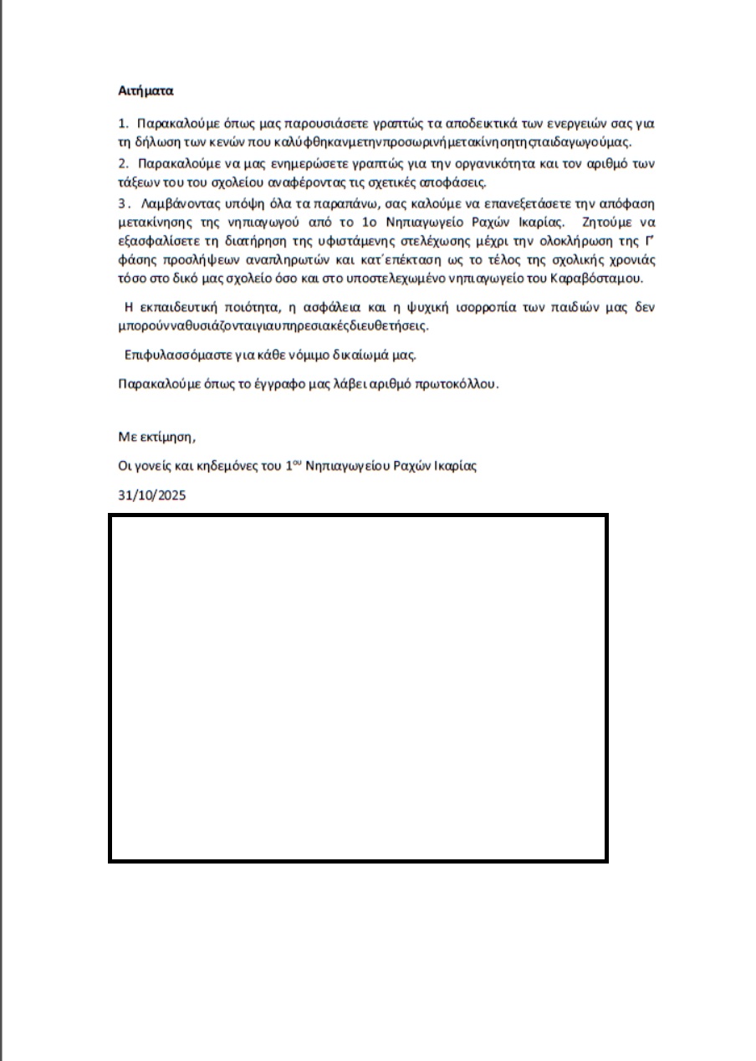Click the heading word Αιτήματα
(146, 90)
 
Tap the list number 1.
(122, 123)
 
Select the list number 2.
(122, 163)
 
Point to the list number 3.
(122, 203)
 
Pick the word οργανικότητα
(484, 163)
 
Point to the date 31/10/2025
(152, 495)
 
